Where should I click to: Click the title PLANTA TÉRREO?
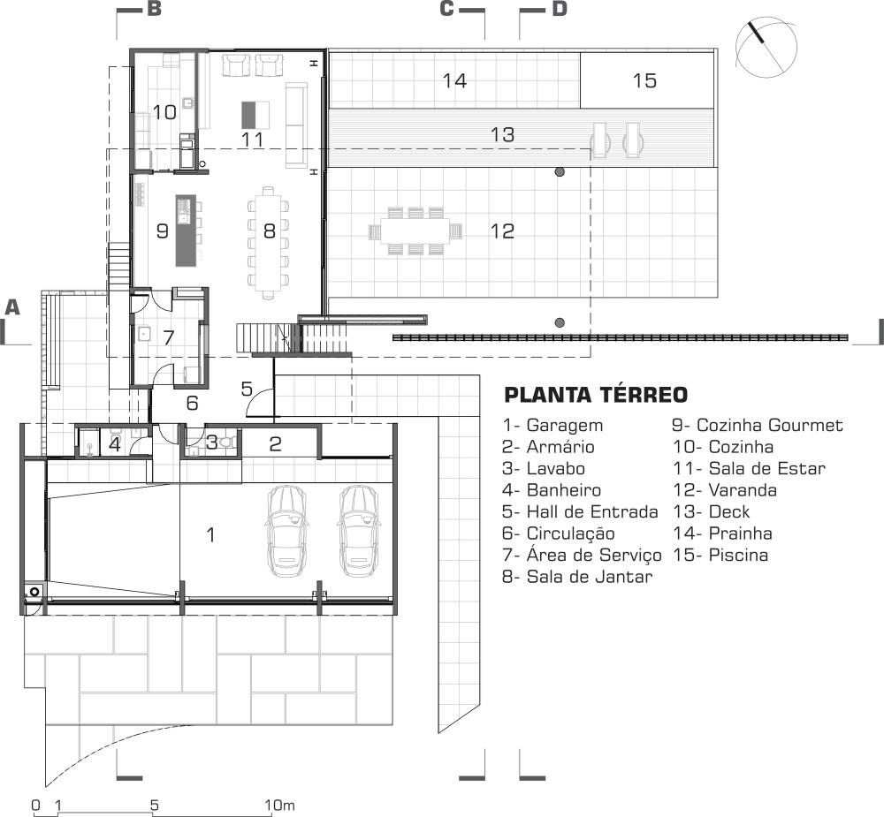(596, 395)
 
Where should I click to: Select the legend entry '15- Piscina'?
(720, 555)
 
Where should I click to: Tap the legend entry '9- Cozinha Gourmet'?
(758, 426)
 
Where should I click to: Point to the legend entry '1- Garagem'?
(552, 426)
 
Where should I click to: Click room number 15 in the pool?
(644, 80)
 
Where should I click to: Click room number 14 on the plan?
(454, 80)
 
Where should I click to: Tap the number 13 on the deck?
(502, 134)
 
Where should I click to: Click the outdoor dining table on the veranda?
(415, 231)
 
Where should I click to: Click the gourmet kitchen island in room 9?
(186, 231)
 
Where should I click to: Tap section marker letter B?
(155, 9)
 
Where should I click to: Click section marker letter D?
(560, 9)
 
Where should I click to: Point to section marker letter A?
(11, 307)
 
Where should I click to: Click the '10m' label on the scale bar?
(279, 806)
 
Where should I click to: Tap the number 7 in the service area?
(169, 337)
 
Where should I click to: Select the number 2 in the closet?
(275, 444)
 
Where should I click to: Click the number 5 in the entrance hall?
(247, 389)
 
